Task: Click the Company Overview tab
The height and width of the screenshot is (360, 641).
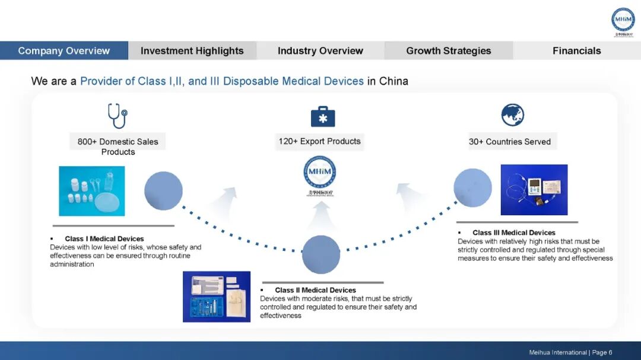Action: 64,51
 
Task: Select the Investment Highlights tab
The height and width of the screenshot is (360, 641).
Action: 192,51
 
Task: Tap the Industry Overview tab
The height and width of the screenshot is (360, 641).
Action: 320,51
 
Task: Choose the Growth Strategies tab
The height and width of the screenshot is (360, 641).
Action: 449,51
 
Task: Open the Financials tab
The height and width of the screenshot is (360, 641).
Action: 576,51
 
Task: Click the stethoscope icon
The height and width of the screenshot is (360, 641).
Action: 117,116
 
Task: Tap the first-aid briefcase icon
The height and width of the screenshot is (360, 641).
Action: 323,116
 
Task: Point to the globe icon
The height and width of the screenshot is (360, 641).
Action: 512,115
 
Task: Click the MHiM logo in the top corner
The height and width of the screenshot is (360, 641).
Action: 623,20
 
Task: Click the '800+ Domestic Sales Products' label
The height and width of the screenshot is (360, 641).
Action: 118,146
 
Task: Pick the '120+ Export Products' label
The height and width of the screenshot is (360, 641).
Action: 320,141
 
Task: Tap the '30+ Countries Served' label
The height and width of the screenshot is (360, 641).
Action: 510,142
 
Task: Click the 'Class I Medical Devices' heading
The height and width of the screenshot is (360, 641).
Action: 104,239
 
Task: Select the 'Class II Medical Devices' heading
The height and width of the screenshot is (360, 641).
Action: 315,290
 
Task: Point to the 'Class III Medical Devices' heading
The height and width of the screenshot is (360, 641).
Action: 514,232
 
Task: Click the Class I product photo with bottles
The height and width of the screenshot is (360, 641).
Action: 92,191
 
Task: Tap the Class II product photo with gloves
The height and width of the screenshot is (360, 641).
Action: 217,297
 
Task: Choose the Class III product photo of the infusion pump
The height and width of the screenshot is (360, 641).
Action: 534,190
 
